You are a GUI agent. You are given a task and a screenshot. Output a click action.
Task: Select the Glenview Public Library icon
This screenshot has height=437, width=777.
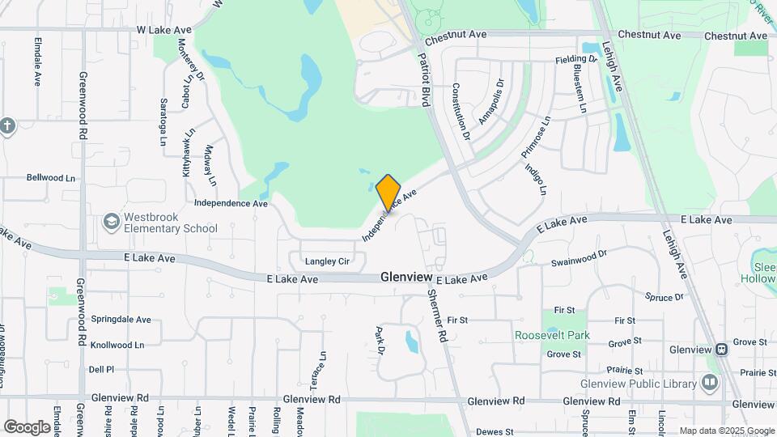point(711,382)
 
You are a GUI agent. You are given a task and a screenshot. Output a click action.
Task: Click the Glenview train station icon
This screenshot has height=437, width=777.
point(720,349)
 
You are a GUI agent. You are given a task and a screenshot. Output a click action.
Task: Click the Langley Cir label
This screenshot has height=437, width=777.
point(327,261)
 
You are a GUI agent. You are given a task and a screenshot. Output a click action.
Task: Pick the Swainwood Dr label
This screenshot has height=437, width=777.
point(579,258)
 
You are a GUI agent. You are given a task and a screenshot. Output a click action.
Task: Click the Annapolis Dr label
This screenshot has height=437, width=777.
point(491,101)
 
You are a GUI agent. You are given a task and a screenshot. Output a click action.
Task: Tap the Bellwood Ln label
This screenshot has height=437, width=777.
point(50,177)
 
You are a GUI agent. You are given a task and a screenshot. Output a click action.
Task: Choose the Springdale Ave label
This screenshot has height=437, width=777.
point(121,320)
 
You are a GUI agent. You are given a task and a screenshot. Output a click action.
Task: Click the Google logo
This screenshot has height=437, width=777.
point(27,426)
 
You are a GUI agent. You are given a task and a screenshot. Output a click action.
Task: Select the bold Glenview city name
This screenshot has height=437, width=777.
point(406,277)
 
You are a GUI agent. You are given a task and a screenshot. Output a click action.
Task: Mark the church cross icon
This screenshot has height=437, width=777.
point(7,126)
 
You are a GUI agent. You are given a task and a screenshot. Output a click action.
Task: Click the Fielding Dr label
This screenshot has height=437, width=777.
point(576,60)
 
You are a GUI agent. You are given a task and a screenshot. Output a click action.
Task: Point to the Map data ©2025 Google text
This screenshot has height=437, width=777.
point(726,431)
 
